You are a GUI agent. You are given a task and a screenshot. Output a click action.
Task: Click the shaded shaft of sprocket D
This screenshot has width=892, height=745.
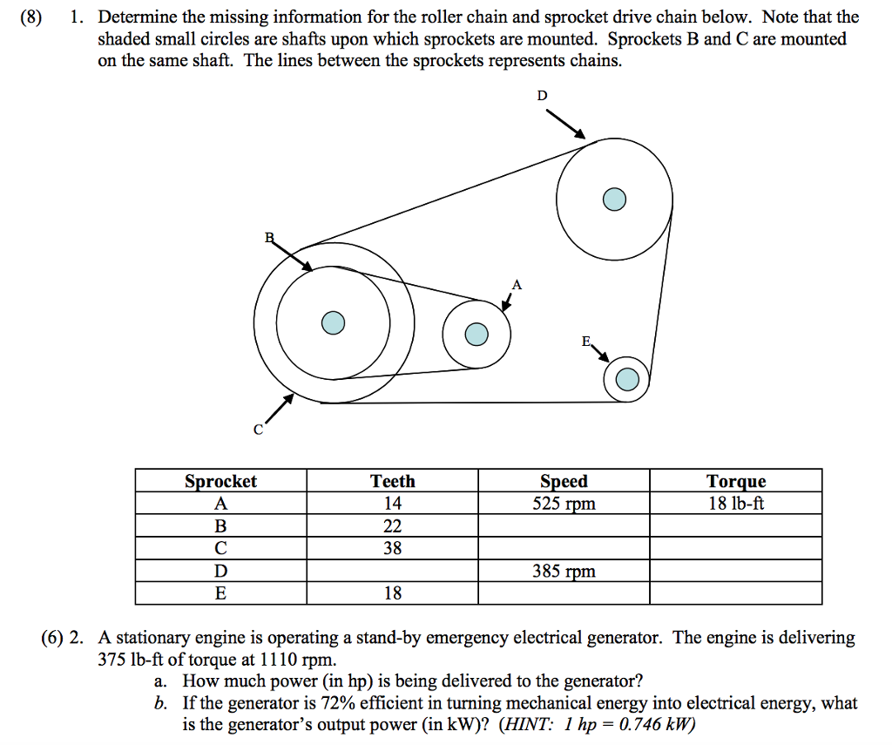click(614, 199)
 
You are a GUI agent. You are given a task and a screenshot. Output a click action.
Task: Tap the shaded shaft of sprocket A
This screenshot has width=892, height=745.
click(476, 334)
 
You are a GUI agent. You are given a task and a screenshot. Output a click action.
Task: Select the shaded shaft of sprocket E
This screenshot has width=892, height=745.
click(626, 379)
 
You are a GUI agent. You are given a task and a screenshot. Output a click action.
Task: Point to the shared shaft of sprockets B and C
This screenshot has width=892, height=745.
click(332, 323)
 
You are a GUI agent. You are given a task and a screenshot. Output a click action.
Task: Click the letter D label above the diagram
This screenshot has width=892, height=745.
click(542, 96)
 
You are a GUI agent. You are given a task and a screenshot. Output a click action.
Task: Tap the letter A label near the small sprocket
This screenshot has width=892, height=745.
click(517, 284)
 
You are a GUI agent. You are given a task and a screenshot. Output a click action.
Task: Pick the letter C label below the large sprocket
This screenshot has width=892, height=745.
click(258, 430)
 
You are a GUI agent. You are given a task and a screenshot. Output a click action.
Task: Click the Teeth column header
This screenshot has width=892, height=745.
click(393, 481)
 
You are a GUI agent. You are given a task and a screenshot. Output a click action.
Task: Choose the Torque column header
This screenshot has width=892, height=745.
click(736, 481)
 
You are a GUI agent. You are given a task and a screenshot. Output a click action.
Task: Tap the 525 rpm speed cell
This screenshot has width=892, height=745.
click(564, 504)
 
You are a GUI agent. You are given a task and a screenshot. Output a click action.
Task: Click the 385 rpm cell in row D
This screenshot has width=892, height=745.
click(564, 572)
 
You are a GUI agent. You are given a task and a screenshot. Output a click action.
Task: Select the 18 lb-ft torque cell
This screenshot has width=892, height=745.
click(736, 504)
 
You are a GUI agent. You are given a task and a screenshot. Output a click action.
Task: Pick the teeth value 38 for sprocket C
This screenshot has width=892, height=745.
click(393, 549)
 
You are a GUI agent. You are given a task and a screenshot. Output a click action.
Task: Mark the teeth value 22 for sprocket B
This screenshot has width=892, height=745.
click(393, 526)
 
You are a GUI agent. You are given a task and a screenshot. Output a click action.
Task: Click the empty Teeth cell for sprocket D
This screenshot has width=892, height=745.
click(393, 572)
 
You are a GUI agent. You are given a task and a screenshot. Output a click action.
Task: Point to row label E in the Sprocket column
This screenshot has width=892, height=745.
click(220, 594)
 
